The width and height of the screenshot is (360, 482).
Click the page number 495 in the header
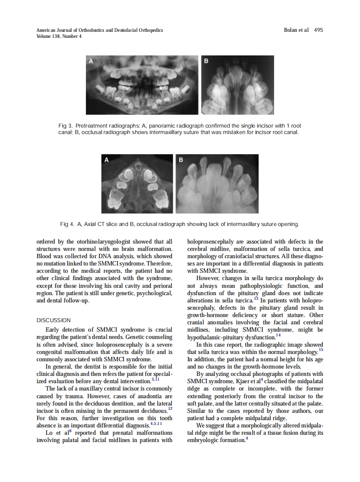pyautogui.click(x=318, y=30)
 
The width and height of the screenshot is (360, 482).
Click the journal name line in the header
pyautogui.click(x=100, y=30)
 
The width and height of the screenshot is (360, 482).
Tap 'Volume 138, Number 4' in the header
pyautogui.click(x=59, y=36)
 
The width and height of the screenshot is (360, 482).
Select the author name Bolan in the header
pyautogui.click(x=291, y=30)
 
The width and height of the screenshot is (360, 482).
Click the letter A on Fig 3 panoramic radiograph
pyautogui.click(x=91, y=61)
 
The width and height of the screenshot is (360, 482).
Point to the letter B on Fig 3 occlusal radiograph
pyautogui.click(x=206, y=61)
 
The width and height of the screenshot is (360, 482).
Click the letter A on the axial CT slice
pyautogui.click(x=107, y=160)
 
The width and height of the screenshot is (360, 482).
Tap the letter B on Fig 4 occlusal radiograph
pyautogui.click(x=181, y=160)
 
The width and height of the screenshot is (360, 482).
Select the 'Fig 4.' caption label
pyautogui.click(x=67, y=224)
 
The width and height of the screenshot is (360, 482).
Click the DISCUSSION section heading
pyautogui.click(x=54, y=320)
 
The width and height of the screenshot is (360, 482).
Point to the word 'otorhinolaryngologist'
pyautogui.click(x=96, y=242)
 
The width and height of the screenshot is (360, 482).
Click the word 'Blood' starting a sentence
pyautogui.click(x=45, y=256)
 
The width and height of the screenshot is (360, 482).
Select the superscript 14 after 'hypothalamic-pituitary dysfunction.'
pyautogui.click(x=278, y=335)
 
